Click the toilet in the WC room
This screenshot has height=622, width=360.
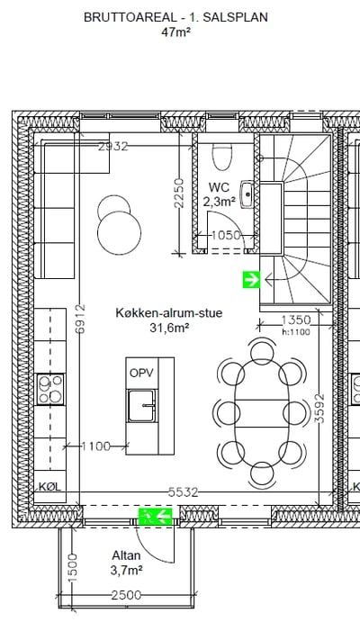[x=222, y=156]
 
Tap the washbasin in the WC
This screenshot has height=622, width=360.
[x=247, y=194]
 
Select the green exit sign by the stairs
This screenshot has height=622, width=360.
[x=251, y=280]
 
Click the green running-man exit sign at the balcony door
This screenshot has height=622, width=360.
[x=155, y=516]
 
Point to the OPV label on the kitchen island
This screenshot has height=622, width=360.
[x=141, y=373]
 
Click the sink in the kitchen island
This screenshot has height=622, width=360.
[x=141, y=406]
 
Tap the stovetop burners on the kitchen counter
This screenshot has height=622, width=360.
[x=50, y=389]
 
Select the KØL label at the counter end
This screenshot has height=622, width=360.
[x=50, y=487]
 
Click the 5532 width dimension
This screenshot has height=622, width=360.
[x=183, y=492]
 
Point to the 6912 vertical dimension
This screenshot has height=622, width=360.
[x=80, y=319]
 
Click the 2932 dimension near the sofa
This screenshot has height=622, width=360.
[x=113, y=147]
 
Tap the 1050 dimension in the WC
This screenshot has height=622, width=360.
[x=226, y=235]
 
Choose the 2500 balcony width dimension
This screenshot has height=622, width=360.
[x=126, y=595]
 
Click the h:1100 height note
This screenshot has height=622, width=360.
[x=296, y=332]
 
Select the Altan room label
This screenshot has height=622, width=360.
[x=126, y=555]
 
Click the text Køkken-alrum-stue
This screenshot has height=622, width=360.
[x=169, y=312]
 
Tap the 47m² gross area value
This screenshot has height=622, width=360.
[x=175, y=32]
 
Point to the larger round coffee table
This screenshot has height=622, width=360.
[x=120, y=233]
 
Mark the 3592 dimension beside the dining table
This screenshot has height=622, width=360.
[x=320, y=408]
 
